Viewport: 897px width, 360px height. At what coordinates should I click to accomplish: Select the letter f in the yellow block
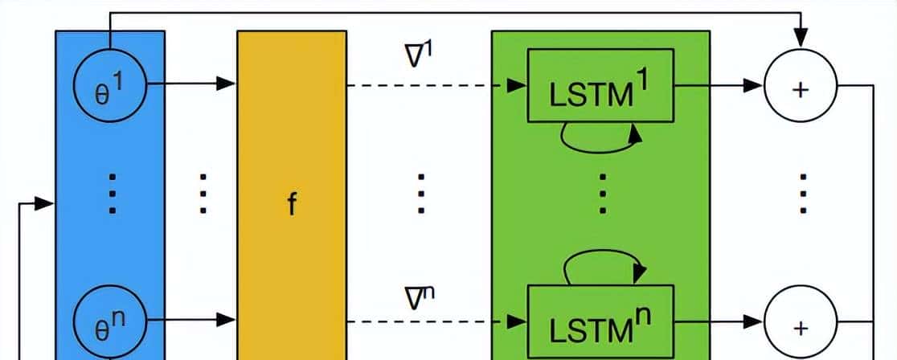292,205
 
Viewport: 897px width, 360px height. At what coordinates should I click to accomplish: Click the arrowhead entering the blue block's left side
47,204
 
